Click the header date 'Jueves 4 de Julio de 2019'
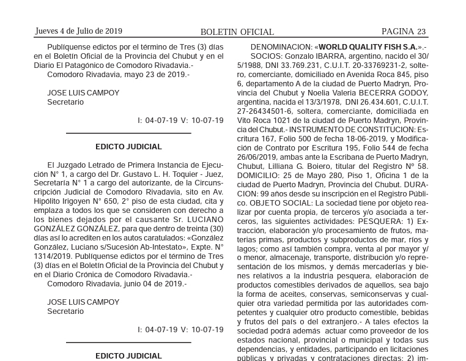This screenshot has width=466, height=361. click(79, 31)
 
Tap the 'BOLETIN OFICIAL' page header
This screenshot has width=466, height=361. click(237, 32)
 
